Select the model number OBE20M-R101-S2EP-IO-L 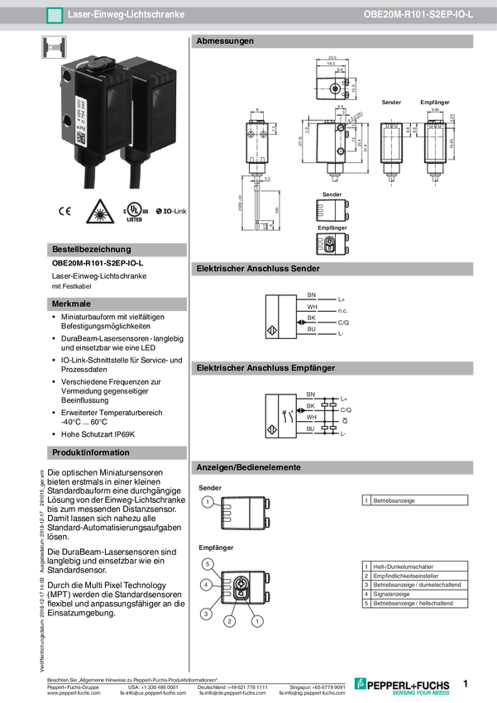(x=418, y=15)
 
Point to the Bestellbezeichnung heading (x=91, y=249)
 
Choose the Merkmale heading (x=72, y=304)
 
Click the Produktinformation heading (x=91, y=452)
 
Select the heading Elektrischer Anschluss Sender (x=258, y=269)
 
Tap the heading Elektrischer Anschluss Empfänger (x=265, y=367)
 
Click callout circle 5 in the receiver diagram (x=208, y=564)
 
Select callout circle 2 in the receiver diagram (x=231, y=620)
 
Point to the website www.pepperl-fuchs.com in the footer (x=74, y=693)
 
